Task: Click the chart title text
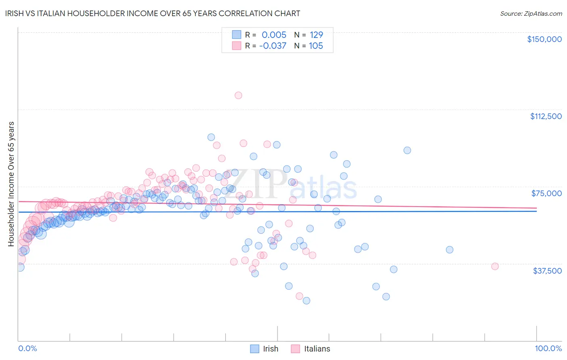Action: click(152, 13)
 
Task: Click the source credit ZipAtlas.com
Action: click(531, 13)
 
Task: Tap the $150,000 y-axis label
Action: click(544, 39)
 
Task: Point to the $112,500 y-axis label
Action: click(546, 116)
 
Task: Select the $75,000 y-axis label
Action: click(546, 193)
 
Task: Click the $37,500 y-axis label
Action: click(547, 271)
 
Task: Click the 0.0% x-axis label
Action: click(27, 348)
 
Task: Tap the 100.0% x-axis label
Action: click(548, 348)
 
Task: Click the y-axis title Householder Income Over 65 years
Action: click(11, 184)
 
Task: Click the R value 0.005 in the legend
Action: click(274, 35)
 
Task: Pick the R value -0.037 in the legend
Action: click(273, 46)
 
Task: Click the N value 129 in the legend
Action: click(316, 35)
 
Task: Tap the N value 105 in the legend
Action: click(316, 46)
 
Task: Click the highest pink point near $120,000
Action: click(238, 96)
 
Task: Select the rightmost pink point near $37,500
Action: click(495, 266)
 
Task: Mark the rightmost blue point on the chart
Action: click(450, 250)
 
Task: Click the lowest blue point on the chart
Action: click(306, 301)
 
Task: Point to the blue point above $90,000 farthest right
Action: click(407, 151)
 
